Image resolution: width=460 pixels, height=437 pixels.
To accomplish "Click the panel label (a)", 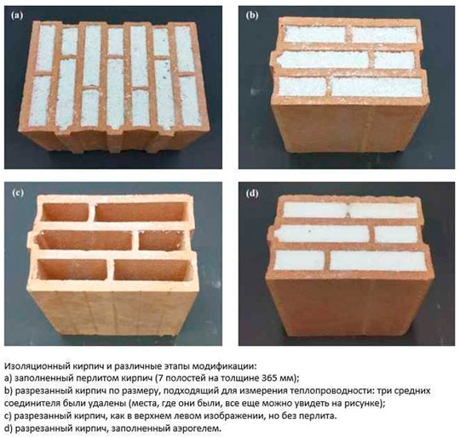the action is click(x=17, y=15).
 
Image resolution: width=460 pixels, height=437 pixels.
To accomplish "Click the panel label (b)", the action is click(x=252, y=15).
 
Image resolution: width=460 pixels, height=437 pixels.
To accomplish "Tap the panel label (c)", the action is click(x=18, y=193).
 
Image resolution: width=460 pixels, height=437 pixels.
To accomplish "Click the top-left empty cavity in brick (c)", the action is click(x=65, y=212).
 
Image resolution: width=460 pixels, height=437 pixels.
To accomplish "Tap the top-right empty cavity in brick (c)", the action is click(x=141, y=212).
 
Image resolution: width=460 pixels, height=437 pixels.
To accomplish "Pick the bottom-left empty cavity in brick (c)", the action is click(x=72, y=269).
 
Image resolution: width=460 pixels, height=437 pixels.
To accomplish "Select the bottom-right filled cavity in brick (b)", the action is click(x=377, y=86).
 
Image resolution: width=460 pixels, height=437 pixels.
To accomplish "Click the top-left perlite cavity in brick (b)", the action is click(x=315, y=35).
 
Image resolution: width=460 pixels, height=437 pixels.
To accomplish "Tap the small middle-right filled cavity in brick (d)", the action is click(x=396, y=234).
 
